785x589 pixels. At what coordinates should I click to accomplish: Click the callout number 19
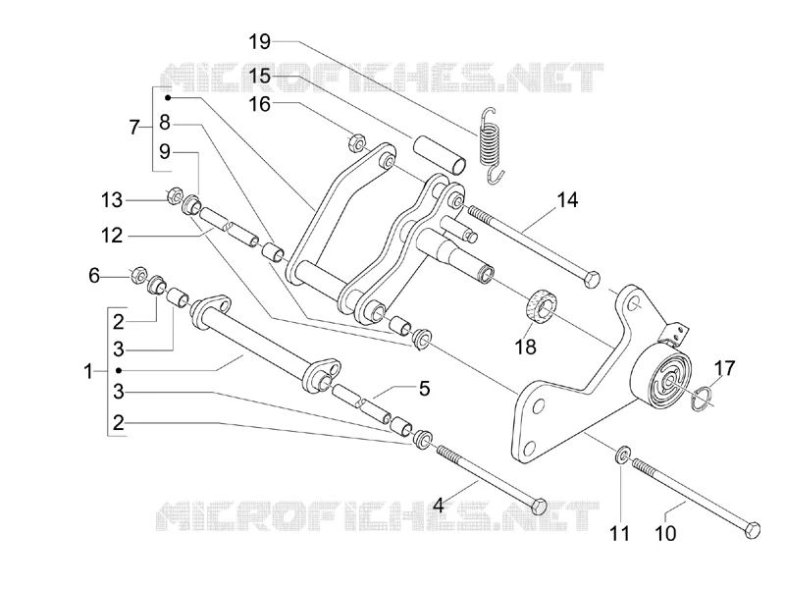(x=260, y=41)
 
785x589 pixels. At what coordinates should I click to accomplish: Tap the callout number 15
(x=260, y=77)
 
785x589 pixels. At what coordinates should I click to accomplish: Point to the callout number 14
(x=567, y=200)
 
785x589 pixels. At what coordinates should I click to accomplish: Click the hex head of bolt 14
(x=593, y=279)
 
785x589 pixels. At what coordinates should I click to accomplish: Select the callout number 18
(x=526, y=347)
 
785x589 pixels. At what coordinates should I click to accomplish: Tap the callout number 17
(x=724, y=369)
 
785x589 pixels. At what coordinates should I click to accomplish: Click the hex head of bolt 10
(x=752, y=530)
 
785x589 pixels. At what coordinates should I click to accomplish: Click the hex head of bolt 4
(x=539, y=507)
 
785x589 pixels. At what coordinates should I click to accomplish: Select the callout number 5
(x=425, y=388)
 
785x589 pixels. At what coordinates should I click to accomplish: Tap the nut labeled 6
(x=138, y=275)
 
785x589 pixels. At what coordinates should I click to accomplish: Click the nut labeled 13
(x=173, y=194)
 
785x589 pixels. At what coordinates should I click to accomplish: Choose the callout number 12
(x=112, y=235)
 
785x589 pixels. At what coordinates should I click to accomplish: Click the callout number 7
(x=133, y=128)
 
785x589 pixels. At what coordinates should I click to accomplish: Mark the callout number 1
(x=88, y=372)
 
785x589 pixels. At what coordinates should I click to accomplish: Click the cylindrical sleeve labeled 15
(x=440, y=154)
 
